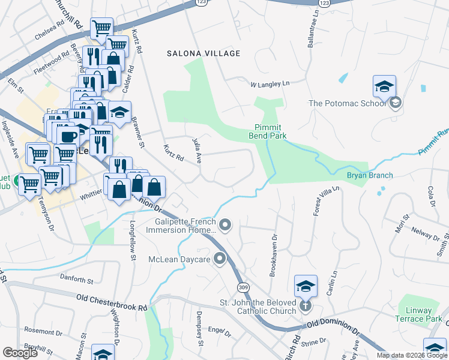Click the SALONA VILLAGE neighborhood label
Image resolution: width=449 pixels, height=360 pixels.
click(x=203, y=53)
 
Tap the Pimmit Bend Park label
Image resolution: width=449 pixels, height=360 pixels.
click(x=268, y=131)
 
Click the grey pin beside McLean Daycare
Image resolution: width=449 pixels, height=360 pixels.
click(x=220, y=259)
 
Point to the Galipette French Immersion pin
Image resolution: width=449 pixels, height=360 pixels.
click(x=226, y=225)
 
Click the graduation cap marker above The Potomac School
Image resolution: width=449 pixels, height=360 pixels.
click(x=384, y=88)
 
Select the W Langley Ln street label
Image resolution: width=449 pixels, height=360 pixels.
click(x=270, y=84)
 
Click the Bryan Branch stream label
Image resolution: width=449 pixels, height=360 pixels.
click(x=370, y=175)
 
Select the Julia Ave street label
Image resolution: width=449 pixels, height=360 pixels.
click(x=196, y=150)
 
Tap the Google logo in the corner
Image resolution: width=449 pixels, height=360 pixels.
click(x=20, y=353)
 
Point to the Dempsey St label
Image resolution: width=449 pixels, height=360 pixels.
click(x=200, y=335)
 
